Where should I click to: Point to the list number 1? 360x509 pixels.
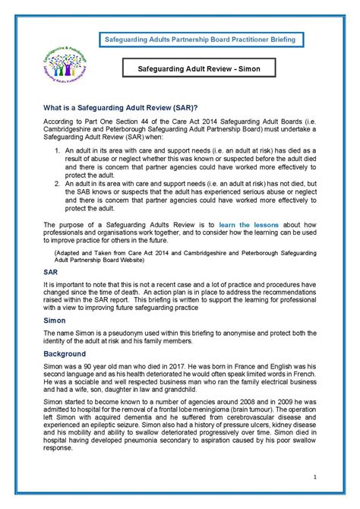click(x=57, y=174)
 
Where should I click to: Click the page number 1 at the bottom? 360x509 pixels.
click(x=314, y=477)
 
